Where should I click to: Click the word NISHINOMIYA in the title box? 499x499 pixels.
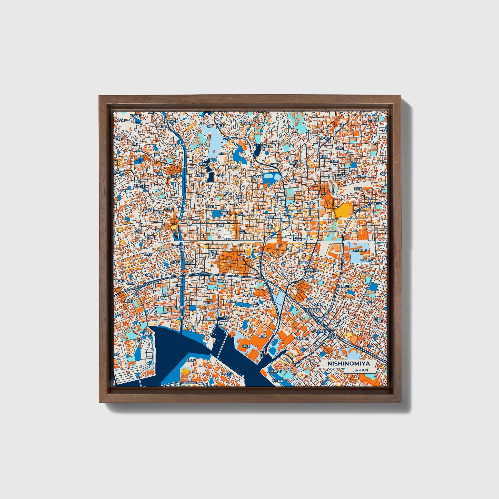pyautogui.click(x=349, y=363)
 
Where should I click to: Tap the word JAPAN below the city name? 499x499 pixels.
pyautogui.click(x=360, y=370)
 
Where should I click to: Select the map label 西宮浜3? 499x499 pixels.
pyautogui.click(x=191, y=360)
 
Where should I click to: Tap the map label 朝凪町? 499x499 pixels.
pyautogui.click(x=246, y=346)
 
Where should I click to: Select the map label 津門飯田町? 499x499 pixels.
pyautogui.click(x=360, y=250)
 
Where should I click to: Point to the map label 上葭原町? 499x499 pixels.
pyautogui.click(x=179, y=308)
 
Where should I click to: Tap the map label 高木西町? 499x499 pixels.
pyautogui.click(x=343, y=176)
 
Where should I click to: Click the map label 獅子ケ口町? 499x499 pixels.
pyautogui.click(x=171, y=121)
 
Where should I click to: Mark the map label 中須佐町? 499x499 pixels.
pyautogui.click(x=271, y=217)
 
